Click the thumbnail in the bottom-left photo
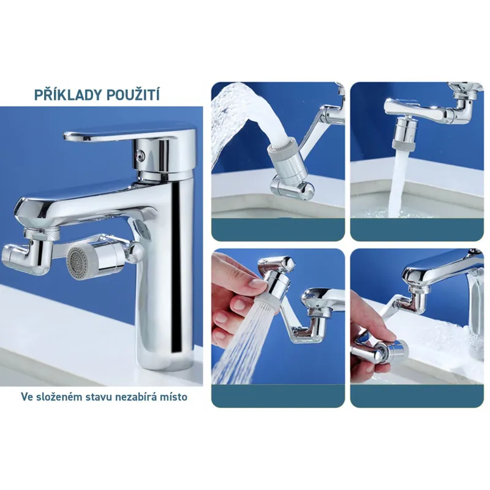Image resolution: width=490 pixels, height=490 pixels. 255,284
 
